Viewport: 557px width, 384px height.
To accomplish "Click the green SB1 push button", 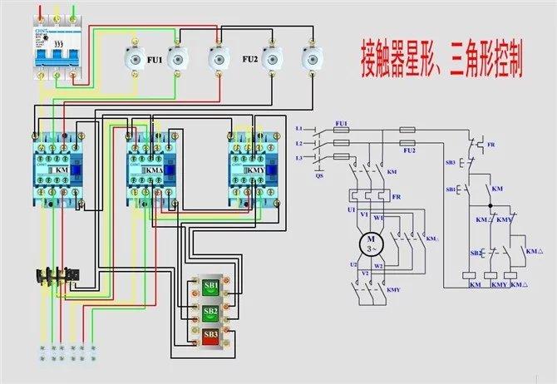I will tap(211, 287).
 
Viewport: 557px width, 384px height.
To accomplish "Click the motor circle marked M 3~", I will tap(367, 244).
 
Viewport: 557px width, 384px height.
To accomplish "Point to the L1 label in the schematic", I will tap(300, 128).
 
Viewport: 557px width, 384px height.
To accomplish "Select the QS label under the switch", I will tap(319, 175).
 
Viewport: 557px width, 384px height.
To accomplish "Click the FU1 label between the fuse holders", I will tap(155, 60).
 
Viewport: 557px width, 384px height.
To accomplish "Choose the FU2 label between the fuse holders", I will tap(249, 60).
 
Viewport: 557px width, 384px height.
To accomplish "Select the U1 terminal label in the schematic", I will tap(352, 212).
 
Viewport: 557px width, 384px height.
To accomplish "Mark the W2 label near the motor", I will tap(379, 267).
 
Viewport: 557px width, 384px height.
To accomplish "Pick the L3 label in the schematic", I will tap(300, 158).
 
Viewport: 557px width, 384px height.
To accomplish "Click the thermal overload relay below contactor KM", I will tap(57, 276).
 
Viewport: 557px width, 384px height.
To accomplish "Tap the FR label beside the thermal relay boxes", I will tap(397, 197).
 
